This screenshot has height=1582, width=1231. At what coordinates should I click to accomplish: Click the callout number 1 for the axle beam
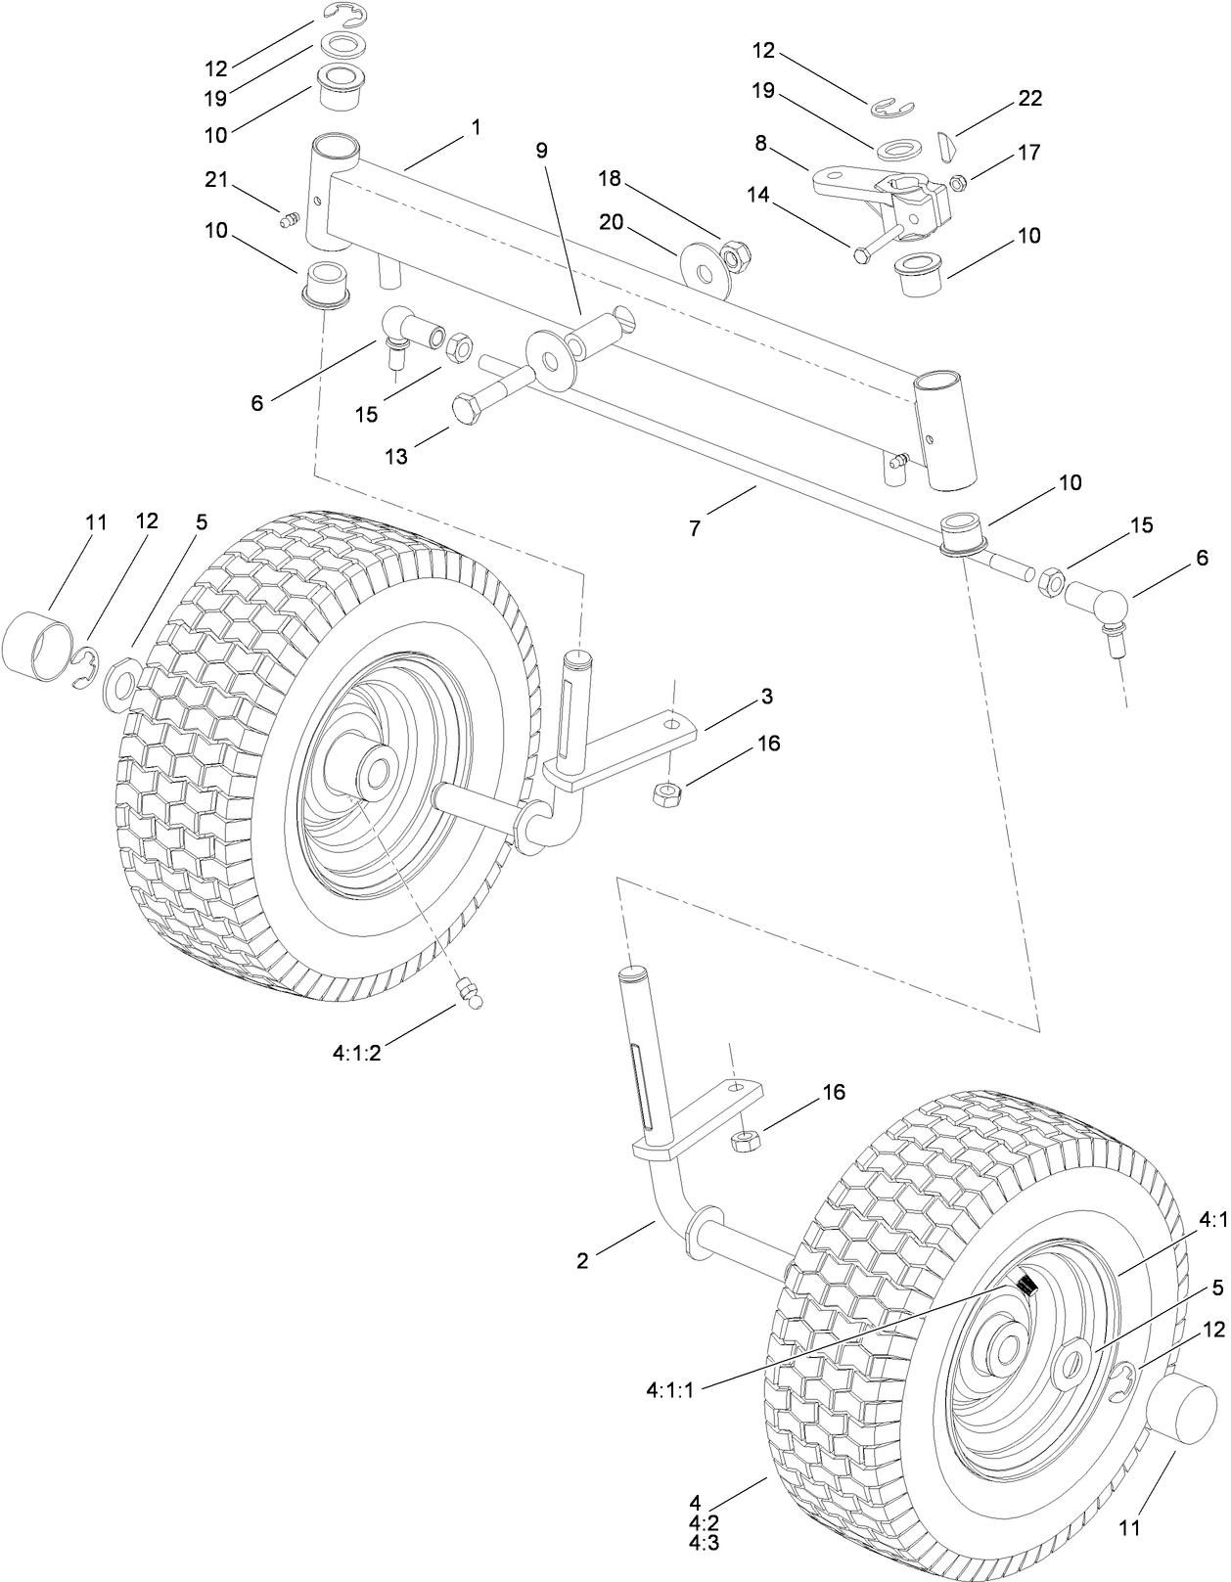476,128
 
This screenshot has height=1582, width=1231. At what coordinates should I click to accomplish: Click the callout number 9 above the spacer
541,150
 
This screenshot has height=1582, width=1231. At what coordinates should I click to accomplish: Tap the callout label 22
1029,98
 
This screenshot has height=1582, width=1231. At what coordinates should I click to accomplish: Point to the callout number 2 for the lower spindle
582,1261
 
